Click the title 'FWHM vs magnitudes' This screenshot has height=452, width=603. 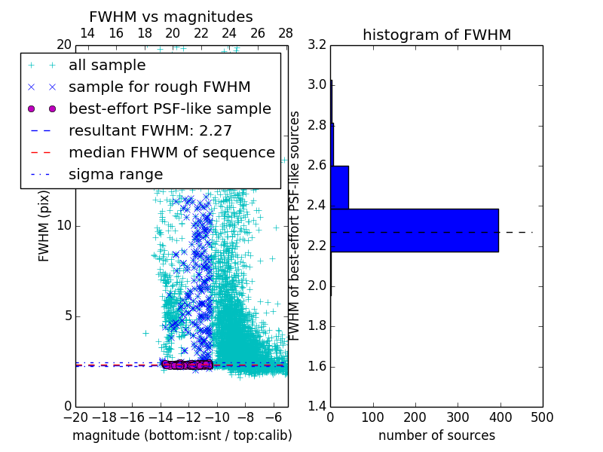(x=171, y=17)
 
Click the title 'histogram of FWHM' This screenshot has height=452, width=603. (x=436, y=35)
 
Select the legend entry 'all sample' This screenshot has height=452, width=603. (x=107, y=66)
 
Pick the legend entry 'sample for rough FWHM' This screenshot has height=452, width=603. (x=159, y=87)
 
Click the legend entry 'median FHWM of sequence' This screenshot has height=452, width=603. (x=171, y=152)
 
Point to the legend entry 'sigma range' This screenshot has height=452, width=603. (x=115, y=174)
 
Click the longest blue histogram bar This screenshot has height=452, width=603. (x=414, y=230)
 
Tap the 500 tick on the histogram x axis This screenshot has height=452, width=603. (x=542, y=416)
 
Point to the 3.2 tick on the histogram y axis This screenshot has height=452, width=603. (x=317, y=44)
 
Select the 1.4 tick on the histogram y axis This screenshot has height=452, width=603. (x=317, y=407)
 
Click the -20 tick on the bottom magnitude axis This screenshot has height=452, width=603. (x=75, y=416)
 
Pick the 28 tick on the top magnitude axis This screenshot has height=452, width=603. (x=286, y=33)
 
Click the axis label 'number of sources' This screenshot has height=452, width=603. (x=436, y=435)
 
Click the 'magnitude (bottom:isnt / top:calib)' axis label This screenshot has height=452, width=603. (x=182, y=435)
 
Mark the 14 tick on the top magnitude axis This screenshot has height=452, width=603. (x=87, y=33)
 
